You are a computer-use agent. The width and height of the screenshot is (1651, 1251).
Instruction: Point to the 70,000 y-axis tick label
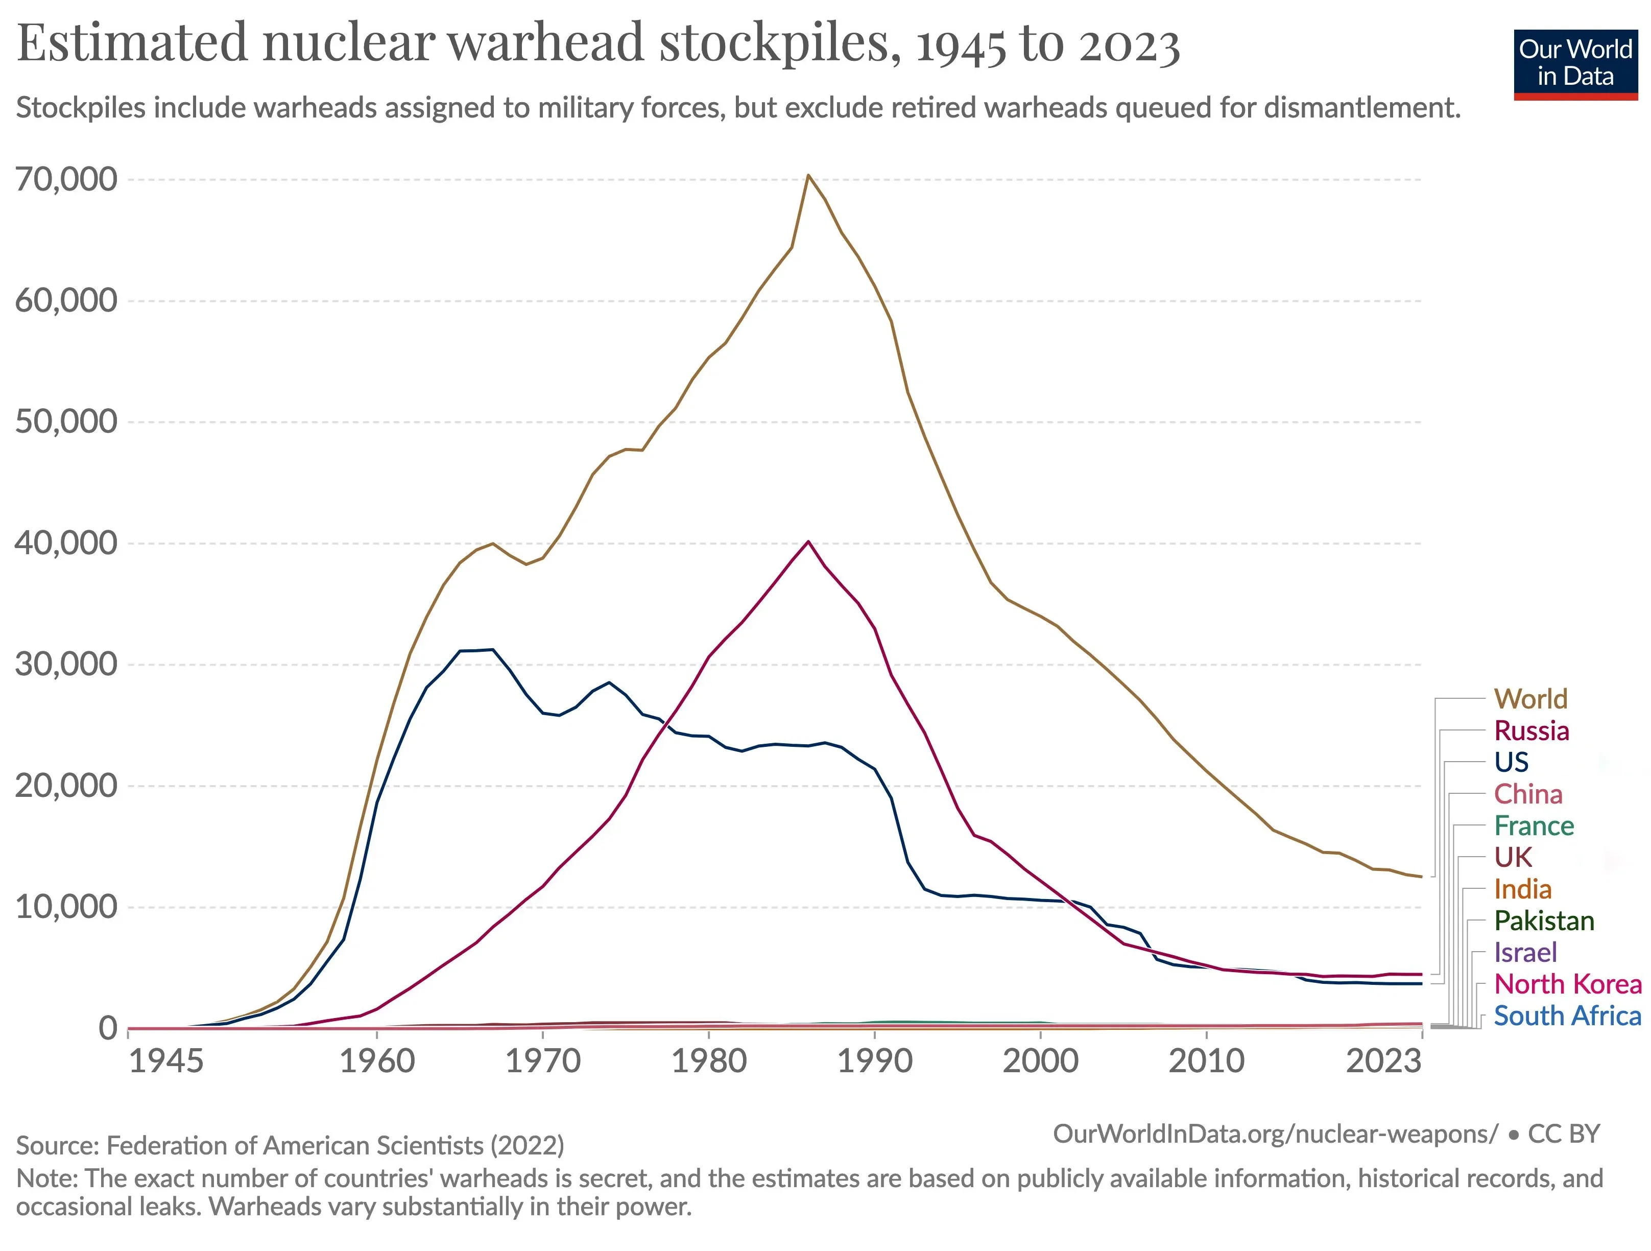[x=66, y=179]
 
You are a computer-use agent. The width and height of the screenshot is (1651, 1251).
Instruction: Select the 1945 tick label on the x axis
[x=165, y=1060]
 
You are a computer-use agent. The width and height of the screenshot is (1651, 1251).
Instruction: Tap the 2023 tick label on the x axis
[x=1383, y=1060]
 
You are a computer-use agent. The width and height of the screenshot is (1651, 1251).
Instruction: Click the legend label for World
[x=1530, y=699]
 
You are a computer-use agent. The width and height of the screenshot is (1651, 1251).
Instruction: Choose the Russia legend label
[x=1532, y=731]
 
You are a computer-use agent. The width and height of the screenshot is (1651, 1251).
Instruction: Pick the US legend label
[x=1512, y=762]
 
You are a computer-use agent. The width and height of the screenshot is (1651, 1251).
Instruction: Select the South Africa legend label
[x=1567, y=1016]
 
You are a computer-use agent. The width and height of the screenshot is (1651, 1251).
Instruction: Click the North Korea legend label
[x=1567, y=984]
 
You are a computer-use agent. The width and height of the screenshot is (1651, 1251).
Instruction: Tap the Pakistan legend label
[x=1544, y=920]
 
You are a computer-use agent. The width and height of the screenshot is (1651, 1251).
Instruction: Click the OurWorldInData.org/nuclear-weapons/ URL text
[x=1275, y=1134]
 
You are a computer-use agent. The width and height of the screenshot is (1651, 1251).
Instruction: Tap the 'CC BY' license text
[x=1564, y=1134]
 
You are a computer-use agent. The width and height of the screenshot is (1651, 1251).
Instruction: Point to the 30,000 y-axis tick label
[x=66, y=664]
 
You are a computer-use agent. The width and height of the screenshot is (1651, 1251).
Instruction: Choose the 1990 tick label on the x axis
[x=874, y=1060]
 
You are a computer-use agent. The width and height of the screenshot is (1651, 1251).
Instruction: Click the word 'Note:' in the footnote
[x=47, y=1178]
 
